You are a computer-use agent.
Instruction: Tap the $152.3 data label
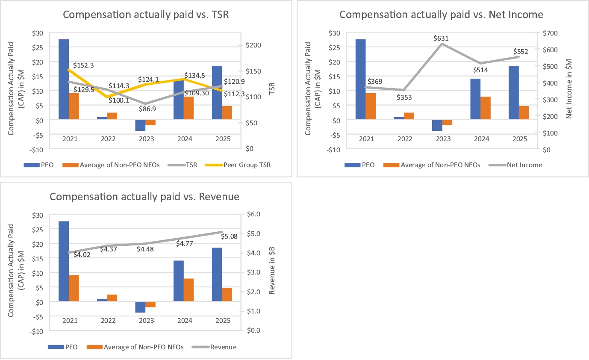pyautogui.click(x=83, y=65)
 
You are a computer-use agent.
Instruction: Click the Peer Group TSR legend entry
pyautogui.click(x=247, y=165)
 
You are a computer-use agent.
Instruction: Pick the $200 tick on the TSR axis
pyautogui.click(x=249, y=45)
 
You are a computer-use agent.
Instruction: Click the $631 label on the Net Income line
pyautogui.click(x=441, y=38)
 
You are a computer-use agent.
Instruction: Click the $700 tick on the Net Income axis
pyautogui.click(x=549, y=33)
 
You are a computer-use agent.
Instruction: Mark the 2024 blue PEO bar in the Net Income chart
pyautogui.click(x=475, y=99)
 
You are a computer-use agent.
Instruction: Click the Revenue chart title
pyautogui.click(x=144, y=197)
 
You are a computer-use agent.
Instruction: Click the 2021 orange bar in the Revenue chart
pyautogui.click(x=74, y=288)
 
